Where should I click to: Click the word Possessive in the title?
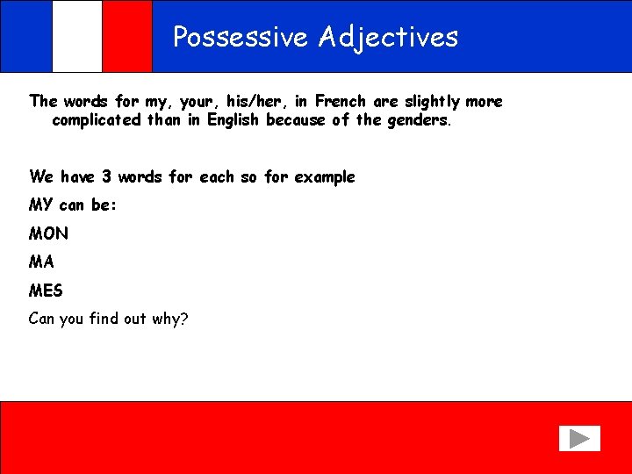tap(241, 37)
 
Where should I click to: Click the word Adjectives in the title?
tap(388, 37)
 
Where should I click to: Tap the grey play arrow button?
tap(578, 438)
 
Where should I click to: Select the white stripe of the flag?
tap(76, 36)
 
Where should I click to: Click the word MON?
tap(48, 233)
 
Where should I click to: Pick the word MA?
tap(41, 262)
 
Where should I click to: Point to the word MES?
tap(46, 290)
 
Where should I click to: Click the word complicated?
tap(97, 120)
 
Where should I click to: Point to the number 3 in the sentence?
tap(106, 176)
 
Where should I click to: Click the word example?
tap(325, 177)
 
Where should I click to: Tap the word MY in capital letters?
tap(41, 205)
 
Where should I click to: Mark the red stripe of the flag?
tap(127, 36)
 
